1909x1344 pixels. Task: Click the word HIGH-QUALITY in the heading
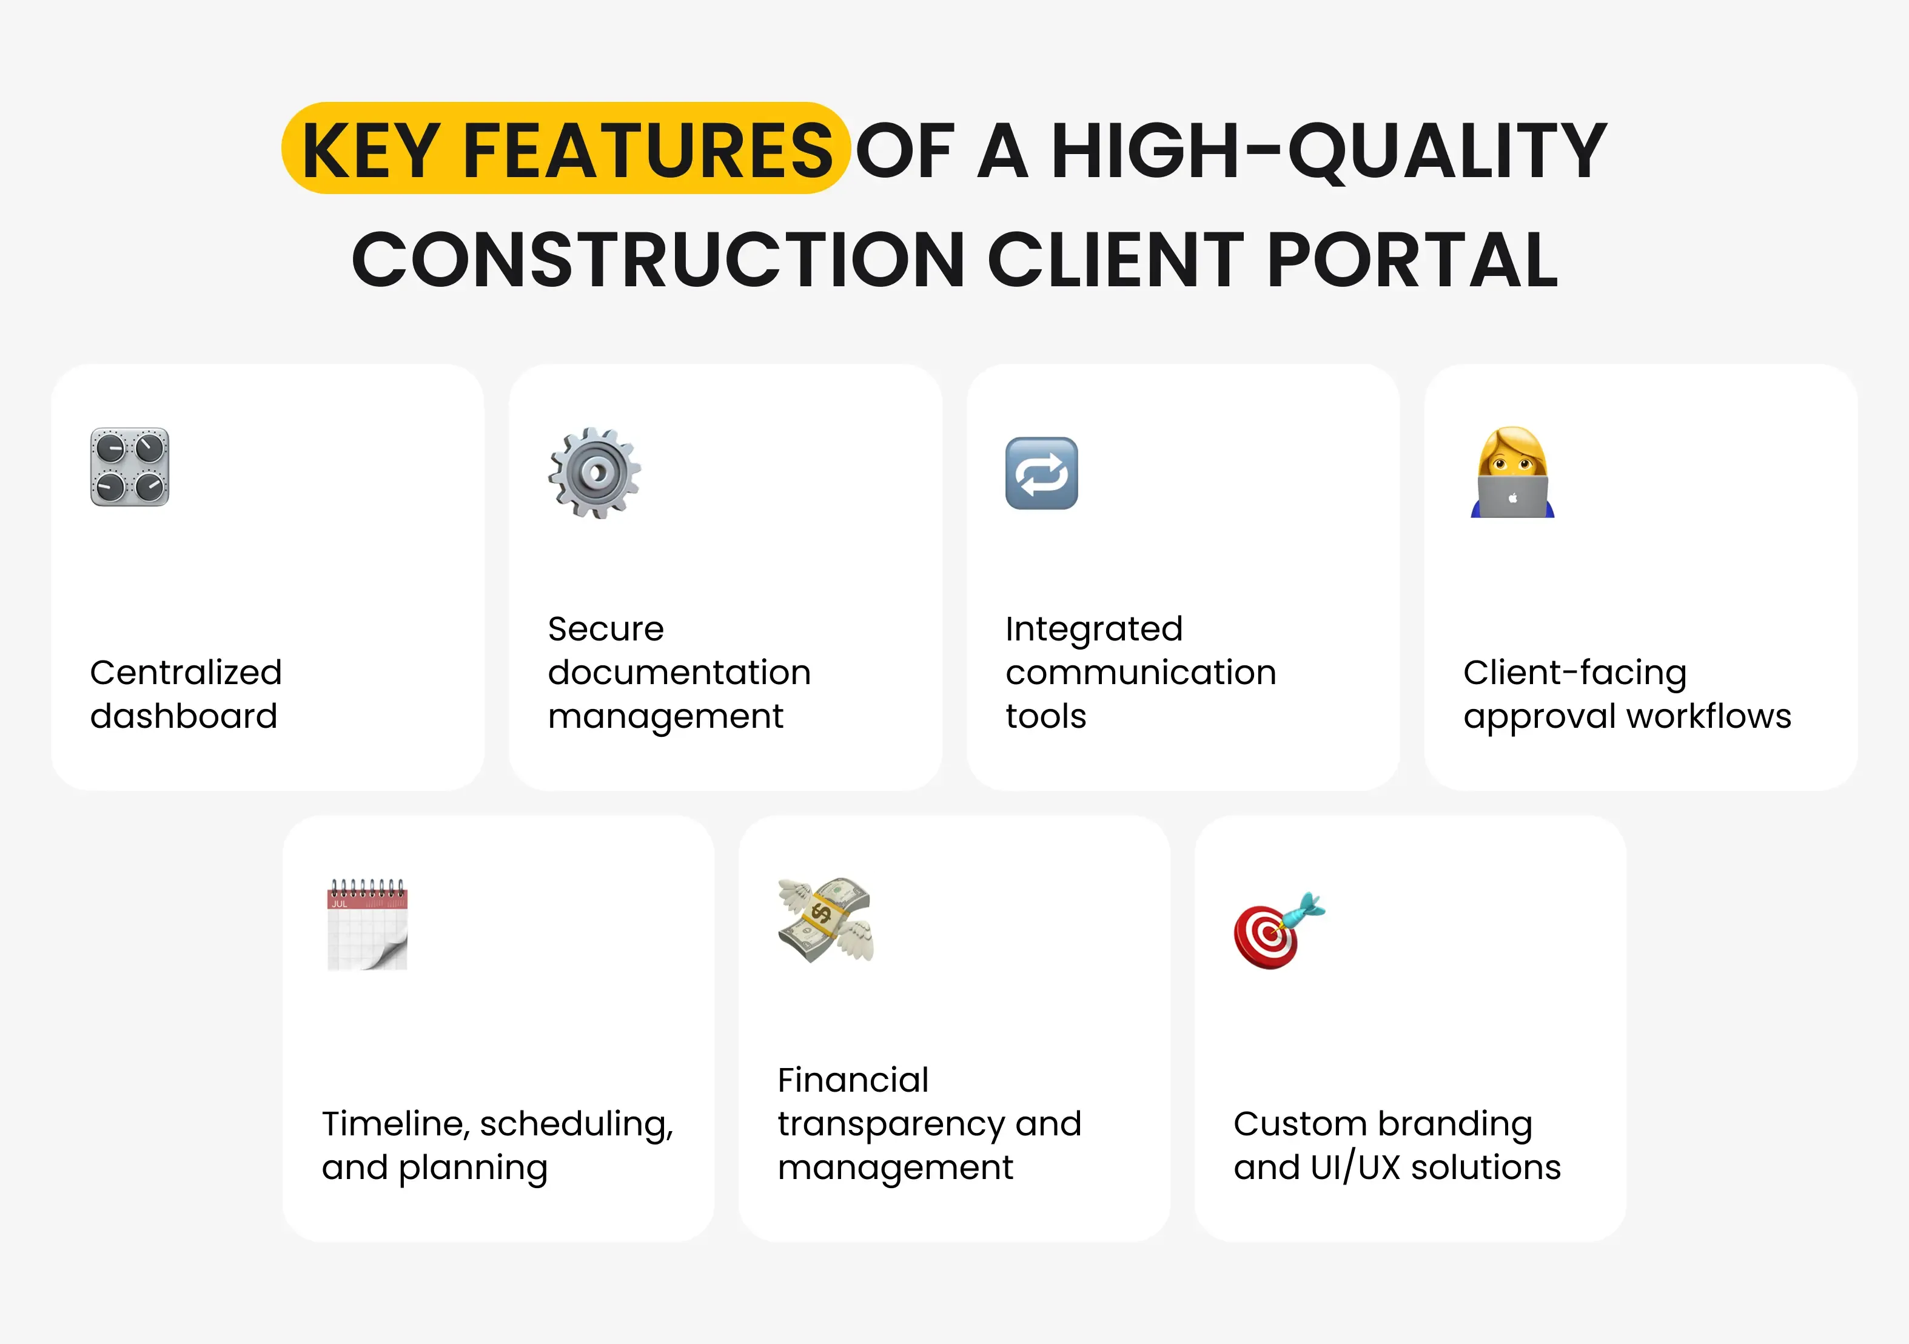[x=1329, y=150]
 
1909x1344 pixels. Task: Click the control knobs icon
[x=130, y=468]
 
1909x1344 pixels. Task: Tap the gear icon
[x=594, y=472]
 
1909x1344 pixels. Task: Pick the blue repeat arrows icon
[x=1041, y=473]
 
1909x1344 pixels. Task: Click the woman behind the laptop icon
[x=1512, y=472]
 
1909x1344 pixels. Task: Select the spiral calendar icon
[x=367, y=924]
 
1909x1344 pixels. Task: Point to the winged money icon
[x=825, y=920]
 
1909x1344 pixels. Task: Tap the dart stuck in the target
[x=1304, y=910]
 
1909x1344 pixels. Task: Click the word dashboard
[x=184, y=716]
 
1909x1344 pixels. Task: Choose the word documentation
[x=679, y=672]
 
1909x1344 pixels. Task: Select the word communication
[x=1141, y=672]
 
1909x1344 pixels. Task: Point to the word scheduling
[x=575, y=1124]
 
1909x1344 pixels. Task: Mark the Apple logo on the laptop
[x=1513, y=498]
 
